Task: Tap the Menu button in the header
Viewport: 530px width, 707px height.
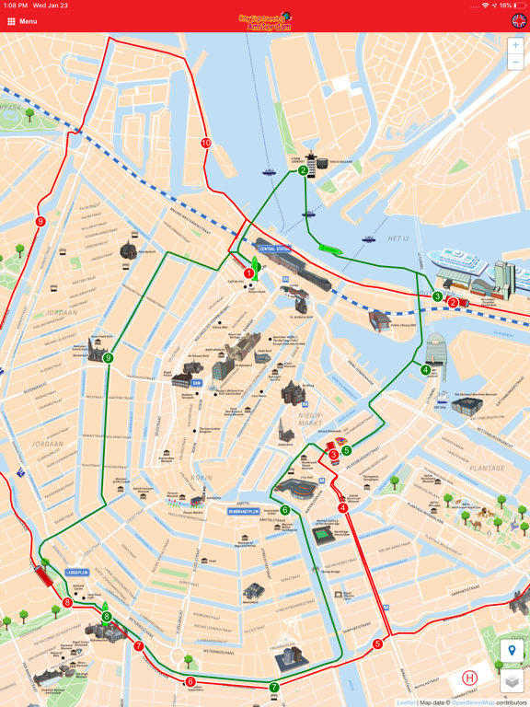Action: [22, 21]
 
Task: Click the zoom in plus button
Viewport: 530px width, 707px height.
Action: [515, 45]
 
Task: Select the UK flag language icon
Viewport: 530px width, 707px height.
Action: [519, 21]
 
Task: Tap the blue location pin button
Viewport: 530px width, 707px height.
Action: [513, 652]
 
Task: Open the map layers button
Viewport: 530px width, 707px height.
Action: [513, 681]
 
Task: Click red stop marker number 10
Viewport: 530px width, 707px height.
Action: [206, 143]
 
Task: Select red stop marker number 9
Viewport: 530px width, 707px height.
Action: [40, 222]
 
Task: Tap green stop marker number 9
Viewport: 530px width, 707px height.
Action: [109, 358]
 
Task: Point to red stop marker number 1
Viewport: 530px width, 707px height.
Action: [249, 273]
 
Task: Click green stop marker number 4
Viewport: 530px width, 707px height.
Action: [425, 370]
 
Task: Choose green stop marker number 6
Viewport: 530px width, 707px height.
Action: [285, 510]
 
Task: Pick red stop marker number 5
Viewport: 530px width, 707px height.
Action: [378, 644]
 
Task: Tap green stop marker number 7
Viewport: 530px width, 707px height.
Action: [274, 688]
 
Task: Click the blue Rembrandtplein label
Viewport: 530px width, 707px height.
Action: [244, 511]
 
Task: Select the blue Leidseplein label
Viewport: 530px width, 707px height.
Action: [77, 572]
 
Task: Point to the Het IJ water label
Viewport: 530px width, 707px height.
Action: [398, 238]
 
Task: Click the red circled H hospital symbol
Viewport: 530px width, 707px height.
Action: [470, 678]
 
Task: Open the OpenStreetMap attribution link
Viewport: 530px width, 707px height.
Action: [473, 702]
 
